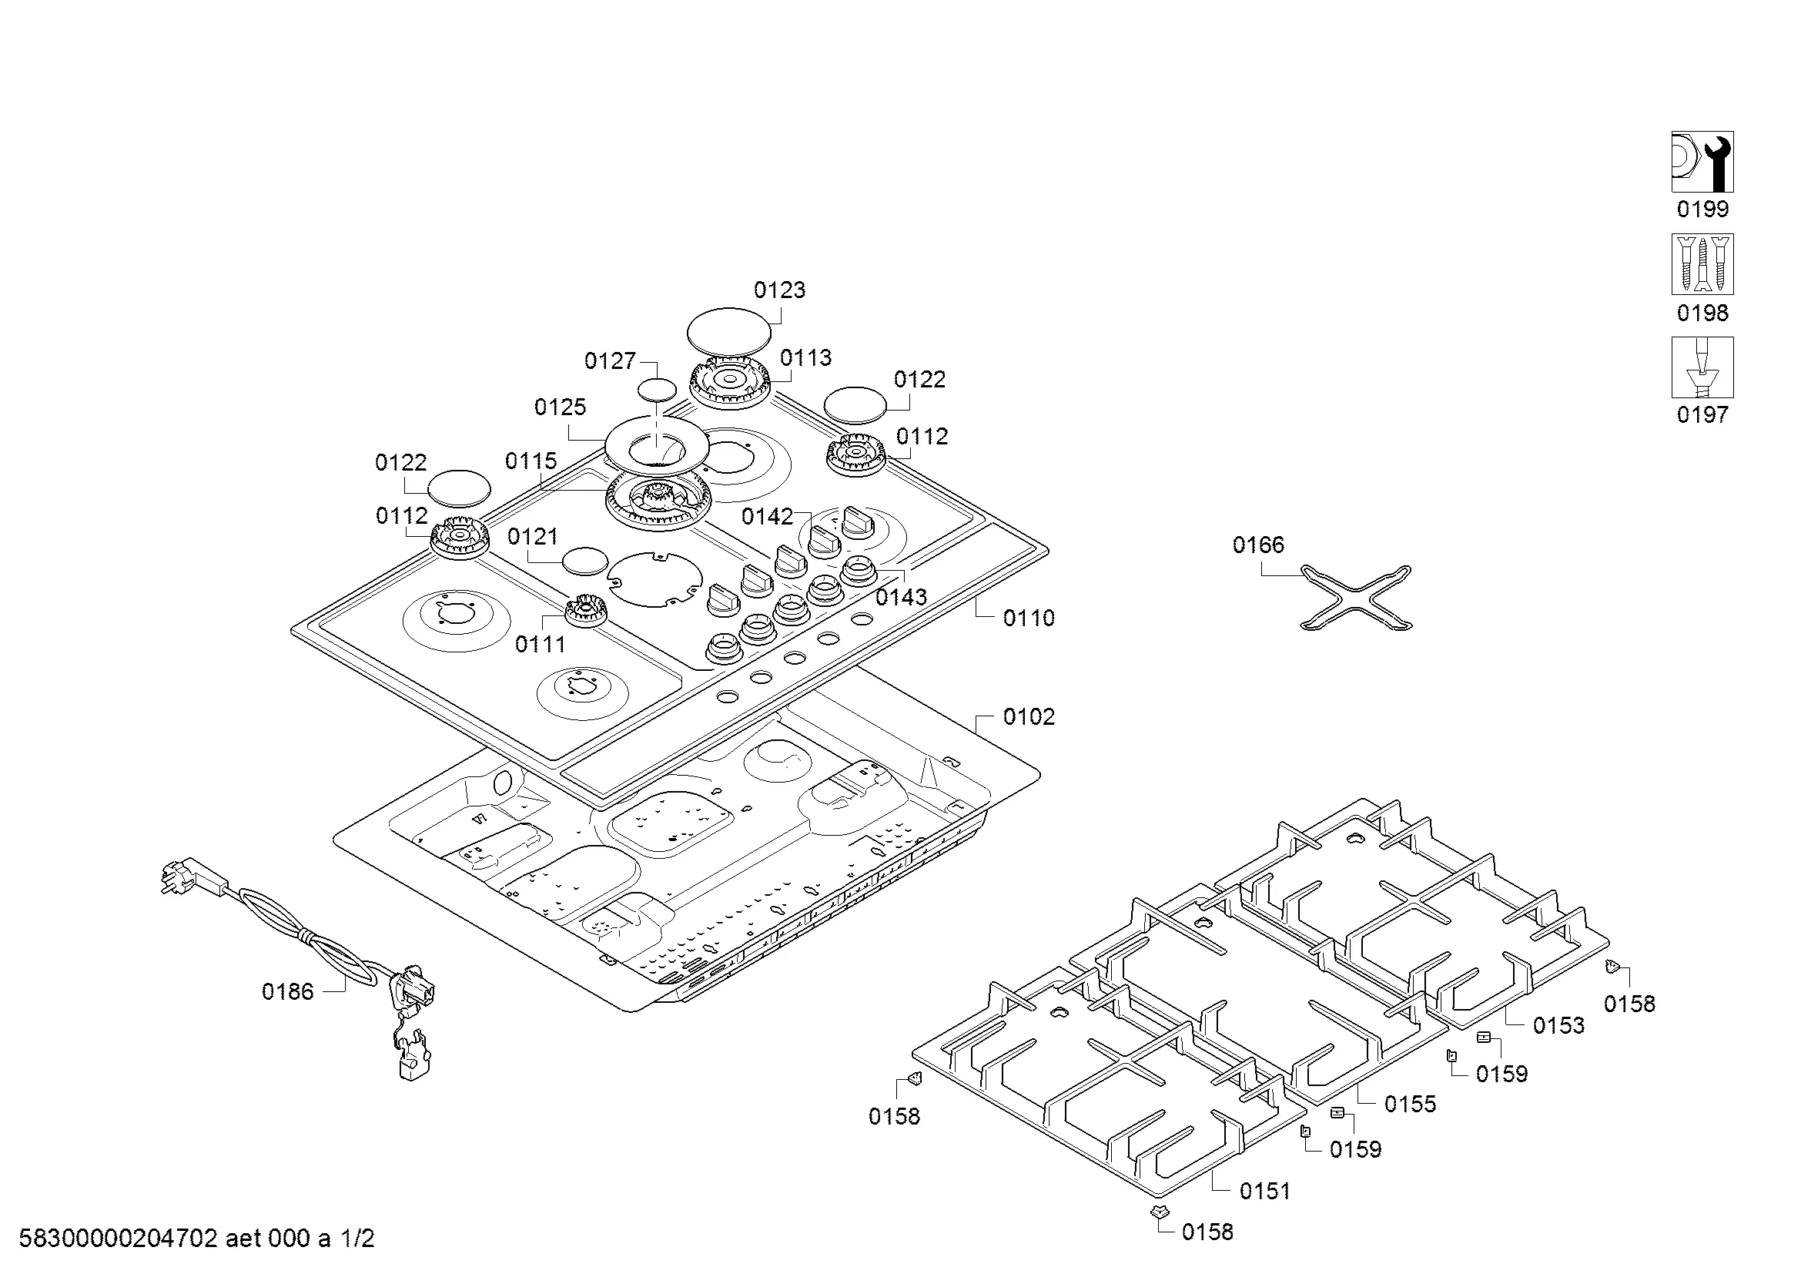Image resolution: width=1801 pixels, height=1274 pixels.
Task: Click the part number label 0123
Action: click(x=779, y=290)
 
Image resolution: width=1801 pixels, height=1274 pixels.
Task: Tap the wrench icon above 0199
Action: click(x=1702, y=162)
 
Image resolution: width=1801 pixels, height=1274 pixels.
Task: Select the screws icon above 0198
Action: click(x=1702, y=263)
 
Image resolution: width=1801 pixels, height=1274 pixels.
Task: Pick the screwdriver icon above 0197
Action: click(x=1702, y=367)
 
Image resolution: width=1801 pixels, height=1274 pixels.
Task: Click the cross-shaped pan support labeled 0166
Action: click(x=1355, y=597)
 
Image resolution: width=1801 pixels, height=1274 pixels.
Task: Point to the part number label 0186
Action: click(x=287, y=992)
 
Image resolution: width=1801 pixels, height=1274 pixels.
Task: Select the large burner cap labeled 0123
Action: click(x=728, y=331)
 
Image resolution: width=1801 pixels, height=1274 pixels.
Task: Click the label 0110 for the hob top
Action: click(x=1029, y=619)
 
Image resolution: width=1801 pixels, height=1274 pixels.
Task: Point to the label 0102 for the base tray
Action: click(x=1029, y=717)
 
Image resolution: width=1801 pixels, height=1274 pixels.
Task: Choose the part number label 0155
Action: click(x=1410, y=1105)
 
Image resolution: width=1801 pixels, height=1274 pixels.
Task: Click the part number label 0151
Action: click(x=1264, y=1192)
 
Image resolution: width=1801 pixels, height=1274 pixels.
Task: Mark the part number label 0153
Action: click(x=1558, y=1025)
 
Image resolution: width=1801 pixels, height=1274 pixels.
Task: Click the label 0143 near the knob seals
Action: click(x=901, y=598)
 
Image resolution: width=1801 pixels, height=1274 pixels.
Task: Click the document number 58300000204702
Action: click(x=118, y=1239)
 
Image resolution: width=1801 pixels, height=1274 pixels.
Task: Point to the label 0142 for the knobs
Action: click(x=767, y=516)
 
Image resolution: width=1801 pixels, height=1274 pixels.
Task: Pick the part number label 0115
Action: click(x=531, y=461)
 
